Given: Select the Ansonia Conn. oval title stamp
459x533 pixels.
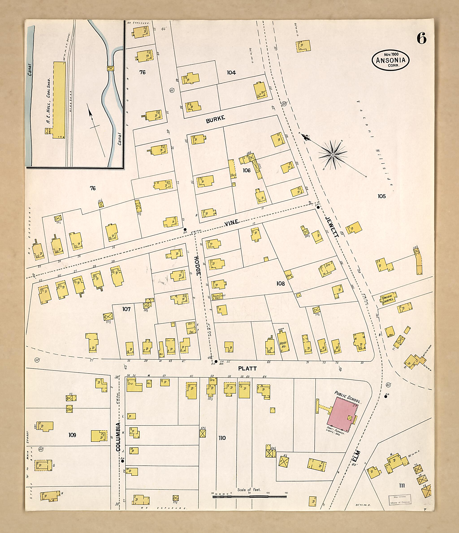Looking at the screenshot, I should (390, 60).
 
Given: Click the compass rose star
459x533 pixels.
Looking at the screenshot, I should (333, 155).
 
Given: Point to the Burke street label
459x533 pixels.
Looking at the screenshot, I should (215, 119).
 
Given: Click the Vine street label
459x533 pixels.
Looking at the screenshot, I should (232, 223).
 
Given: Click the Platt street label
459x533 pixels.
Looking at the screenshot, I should (247, 369).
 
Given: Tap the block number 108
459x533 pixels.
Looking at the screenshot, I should (280, 284).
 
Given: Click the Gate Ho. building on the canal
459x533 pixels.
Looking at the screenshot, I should (110, 68).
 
